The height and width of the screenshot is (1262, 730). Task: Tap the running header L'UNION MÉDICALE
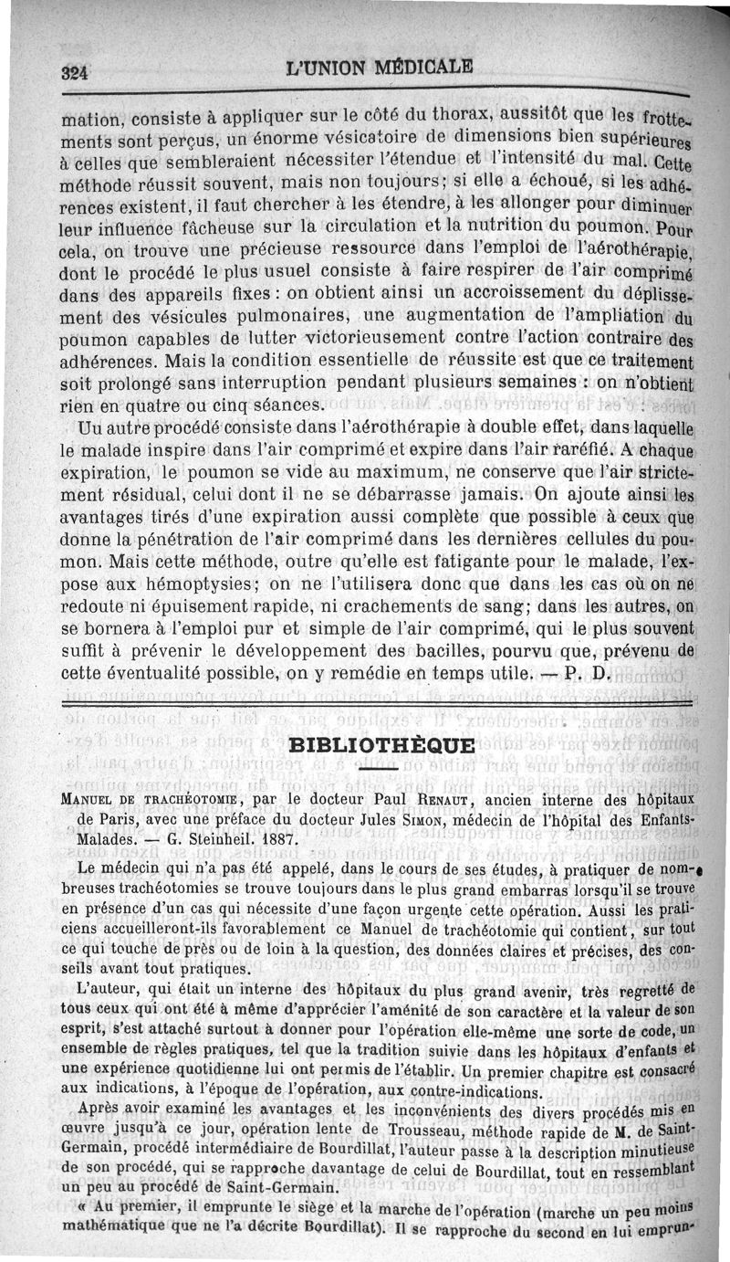pos(380,67)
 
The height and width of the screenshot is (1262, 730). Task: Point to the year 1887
pos(280,841)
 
